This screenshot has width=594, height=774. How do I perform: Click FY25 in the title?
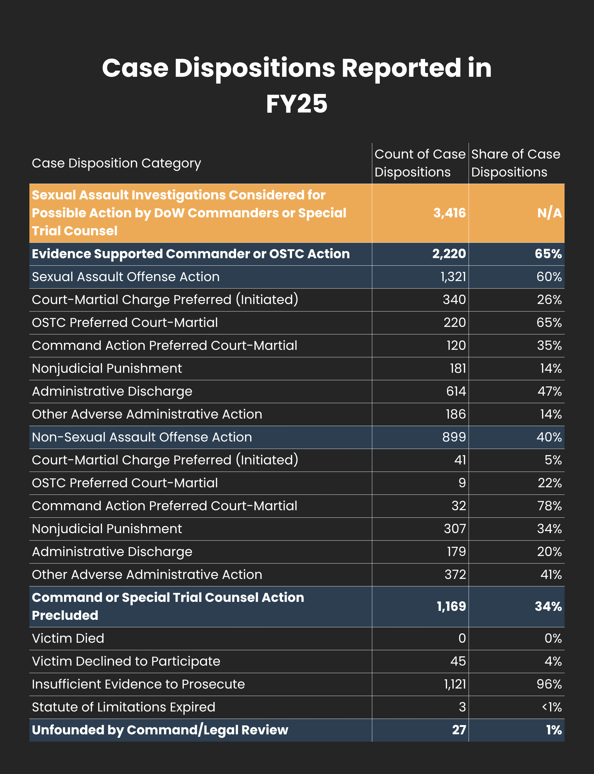297,104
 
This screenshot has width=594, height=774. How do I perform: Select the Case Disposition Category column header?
116,163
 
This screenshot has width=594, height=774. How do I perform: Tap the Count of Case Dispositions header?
420,163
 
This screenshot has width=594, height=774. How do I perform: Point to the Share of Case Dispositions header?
516,163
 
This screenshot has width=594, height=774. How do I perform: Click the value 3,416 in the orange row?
450,213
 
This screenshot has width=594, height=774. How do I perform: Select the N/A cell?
549,213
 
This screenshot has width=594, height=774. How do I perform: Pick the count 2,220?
449,254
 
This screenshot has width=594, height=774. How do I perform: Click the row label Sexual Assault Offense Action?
126,277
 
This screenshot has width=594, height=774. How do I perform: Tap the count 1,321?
453,277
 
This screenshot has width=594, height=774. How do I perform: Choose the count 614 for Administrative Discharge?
456,391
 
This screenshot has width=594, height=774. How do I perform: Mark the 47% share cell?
550,391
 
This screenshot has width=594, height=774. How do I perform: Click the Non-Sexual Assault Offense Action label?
142,437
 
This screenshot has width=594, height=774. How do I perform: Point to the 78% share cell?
550,506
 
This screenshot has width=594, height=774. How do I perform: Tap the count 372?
455,575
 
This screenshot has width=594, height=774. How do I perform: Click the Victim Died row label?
68,638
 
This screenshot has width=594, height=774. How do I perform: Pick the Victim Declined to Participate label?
126,661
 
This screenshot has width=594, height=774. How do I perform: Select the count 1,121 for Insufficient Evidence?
455,684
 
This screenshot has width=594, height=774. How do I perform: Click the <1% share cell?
552,707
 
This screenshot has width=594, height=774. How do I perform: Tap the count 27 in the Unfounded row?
459,730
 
